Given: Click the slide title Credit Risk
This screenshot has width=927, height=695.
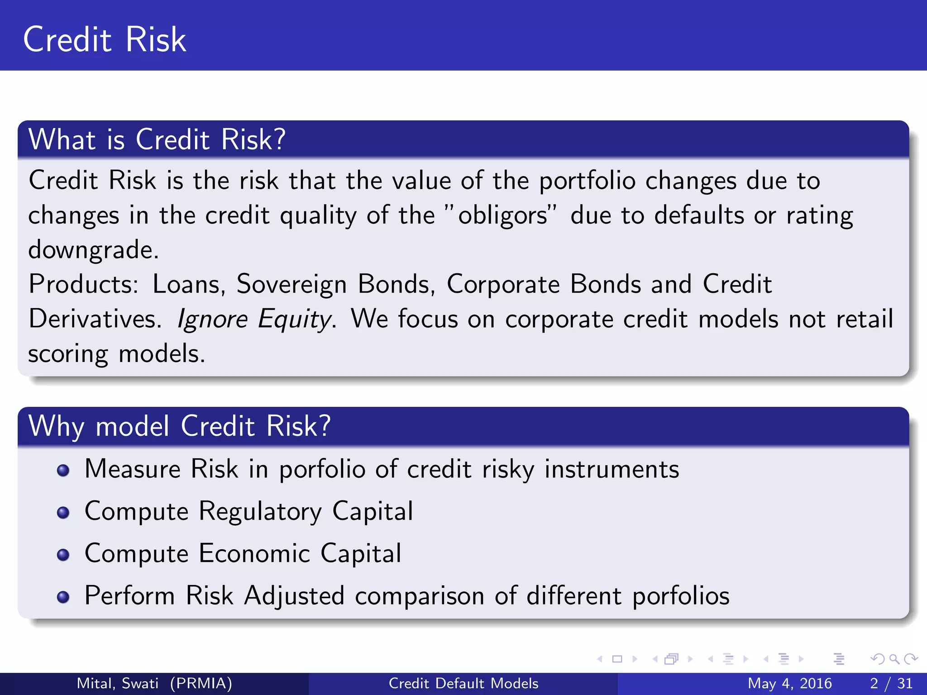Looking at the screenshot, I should coord(105,40).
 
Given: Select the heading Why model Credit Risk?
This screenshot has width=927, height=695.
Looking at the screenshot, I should coord(179,426).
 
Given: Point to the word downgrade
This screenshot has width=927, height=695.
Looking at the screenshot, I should coord(93,250).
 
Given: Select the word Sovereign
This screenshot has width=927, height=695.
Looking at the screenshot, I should coord(291,284).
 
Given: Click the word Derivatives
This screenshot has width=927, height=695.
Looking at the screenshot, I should coord(94,319).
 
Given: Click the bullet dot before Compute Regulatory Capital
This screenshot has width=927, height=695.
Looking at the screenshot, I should coord(63,512).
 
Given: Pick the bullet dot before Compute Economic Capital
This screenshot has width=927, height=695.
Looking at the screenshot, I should coord(63,554).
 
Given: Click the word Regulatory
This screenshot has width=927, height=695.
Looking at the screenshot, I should coord(260,512).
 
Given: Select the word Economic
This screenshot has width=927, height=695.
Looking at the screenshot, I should coord(254,553).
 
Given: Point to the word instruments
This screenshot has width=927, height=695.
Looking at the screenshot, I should coord(612,469).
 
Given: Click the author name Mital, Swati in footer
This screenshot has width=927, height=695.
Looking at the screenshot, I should coord(118,683).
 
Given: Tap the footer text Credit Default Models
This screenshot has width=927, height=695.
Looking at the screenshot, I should coord(463,683).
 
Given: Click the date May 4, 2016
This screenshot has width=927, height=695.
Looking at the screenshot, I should coord(789,683).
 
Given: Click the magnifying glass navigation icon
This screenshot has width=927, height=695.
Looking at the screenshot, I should coord(894,659).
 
